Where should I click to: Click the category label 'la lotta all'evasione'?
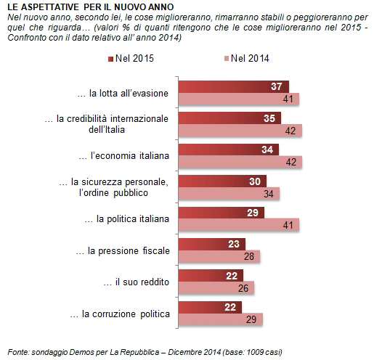(x=123, y=93)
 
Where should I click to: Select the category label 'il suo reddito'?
(x=135, y=282)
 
